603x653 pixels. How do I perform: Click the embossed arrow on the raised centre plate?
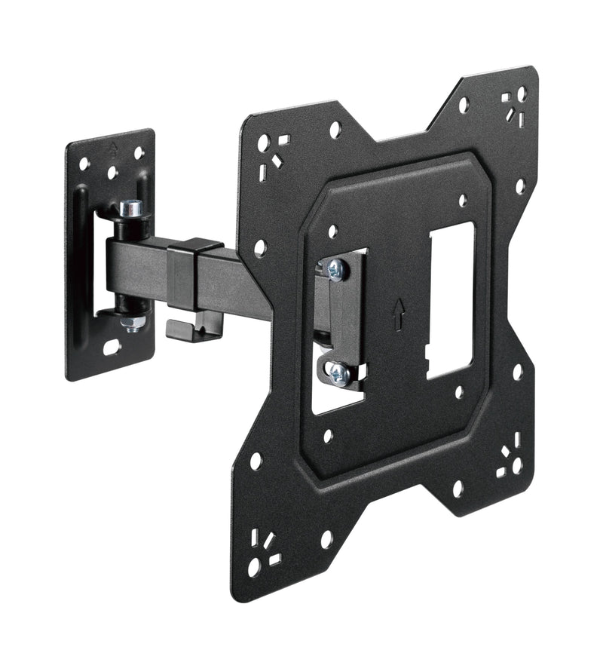tap(397, 316)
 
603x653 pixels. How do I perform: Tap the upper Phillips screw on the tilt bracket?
tap(335, 269)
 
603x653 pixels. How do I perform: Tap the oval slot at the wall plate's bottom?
tap(111, 348)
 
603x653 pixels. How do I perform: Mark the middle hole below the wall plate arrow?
tap(112, 173)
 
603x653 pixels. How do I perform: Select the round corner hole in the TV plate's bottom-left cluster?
tap(255, 566)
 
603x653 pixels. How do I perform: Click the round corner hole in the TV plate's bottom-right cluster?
tap(517, 466)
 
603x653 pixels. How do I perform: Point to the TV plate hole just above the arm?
tap(261, 247)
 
